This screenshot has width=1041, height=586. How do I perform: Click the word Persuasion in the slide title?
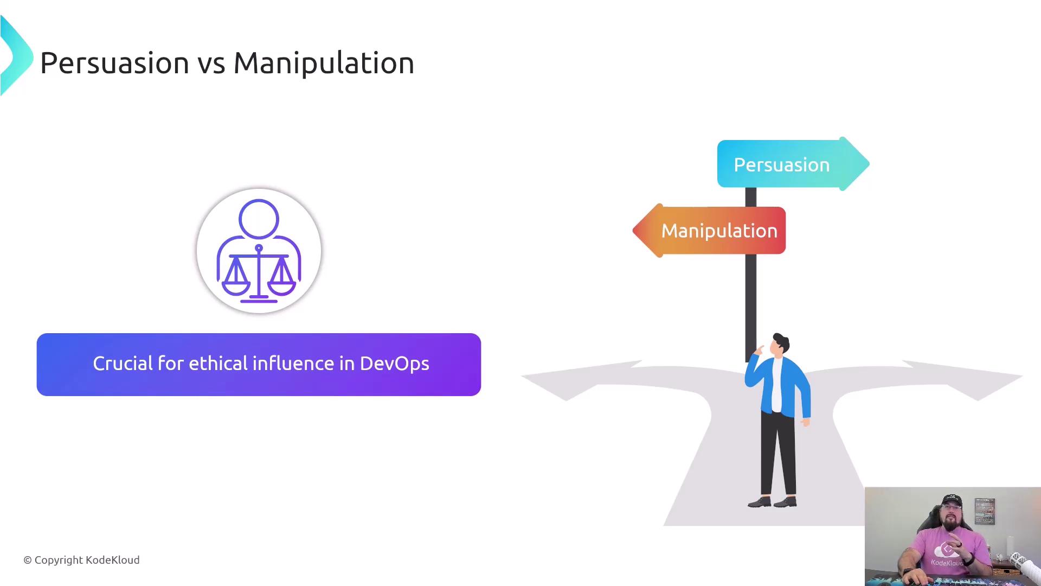coord(114,63)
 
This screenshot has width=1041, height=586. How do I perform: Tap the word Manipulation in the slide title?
coord(324,63)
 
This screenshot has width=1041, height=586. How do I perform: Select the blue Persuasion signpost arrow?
coord(793,164)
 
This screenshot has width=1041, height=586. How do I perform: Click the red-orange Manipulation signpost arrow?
coord(709,231)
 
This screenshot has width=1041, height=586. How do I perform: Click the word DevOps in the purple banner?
coord(394,364)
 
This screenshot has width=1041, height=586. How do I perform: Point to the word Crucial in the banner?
coord(123,363)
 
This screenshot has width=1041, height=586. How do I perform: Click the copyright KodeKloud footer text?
coord(81,560)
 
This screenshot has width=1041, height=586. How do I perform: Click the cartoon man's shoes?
coord(772,502)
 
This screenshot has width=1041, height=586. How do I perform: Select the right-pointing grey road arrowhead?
coord(971,380)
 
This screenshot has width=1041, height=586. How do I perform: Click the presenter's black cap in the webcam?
coord(952,501)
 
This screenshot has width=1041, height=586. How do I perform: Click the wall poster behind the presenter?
coord(985,512)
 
